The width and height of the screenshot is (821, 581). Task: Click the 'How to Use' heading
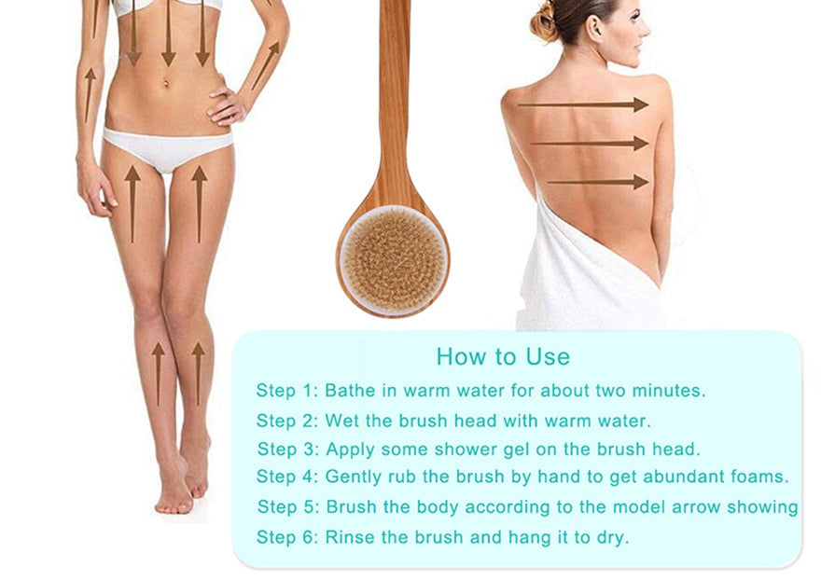click(x=503, y=356)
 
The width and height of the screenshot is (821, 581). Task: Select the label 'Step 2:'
click(x=287, y=422)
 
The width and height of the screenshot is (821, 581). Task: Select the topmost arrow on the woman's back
click(x=583, y=104)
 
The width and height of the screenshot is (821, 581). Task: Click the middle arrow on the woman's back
click(x=590, y=143)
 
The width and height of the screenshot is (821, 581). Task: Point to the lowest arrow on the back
click(x=598, y=182)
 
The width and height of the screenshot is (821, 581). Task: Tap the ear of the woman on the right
click(x=595, y=28)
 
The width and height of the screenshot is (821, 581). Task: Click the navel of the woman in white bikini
click(x=166, y=83)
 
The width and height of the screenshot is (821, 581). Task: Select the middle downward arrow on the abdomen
click(x=169, y=33)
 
